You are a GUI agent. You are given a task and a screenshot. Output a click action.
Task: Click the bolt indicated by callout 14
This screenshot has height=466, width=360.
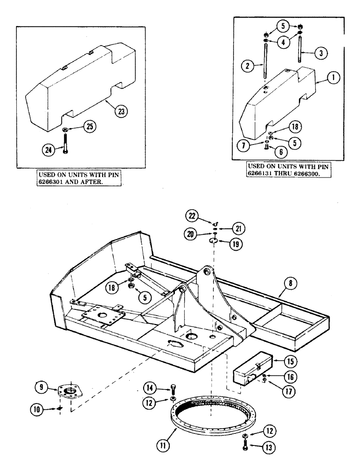click(x=173, y=387)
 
